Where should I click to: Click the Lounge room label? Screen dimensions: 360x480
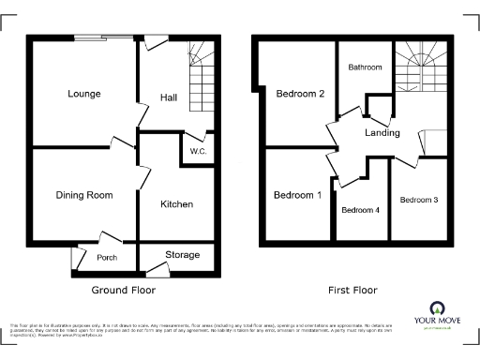click(83, 94)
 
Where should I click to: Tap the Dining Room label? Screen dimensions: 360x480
click(83, 195)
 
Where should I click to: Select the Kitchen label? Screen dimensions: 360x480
click(176, 204)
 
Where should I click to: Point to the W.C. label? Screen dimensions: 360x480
click(197, 152)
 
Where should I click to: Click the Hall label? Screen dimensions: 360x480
click(169, 97)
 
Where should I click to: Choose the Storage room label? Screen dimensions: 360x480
click(183, 255)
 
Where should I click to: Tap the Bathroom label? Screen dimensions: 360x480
click(365, 67)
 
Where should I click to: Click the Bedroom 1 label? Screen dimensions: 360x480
click(297, 195)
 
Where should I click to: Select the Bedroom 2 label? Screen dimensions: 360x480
click(300, 94)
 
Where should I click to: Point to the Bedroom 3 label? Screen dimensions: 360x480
click(419, 200)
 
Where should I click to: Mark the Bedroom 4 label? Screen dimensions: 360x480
click(360, 210)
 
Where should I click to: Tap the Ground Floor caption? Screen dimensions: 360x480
click(124, 291)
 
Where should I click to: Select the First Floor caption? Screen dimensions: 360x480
click(352, 291)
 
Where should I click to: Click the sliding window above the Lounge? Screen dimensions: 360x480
click(104, 38)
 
